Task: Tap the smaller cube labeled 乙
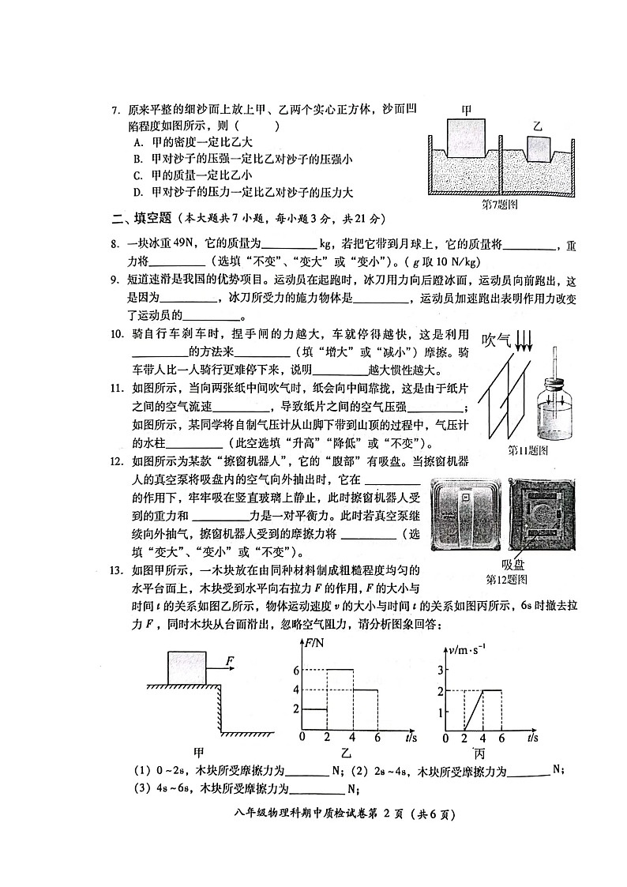[538, 148]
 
